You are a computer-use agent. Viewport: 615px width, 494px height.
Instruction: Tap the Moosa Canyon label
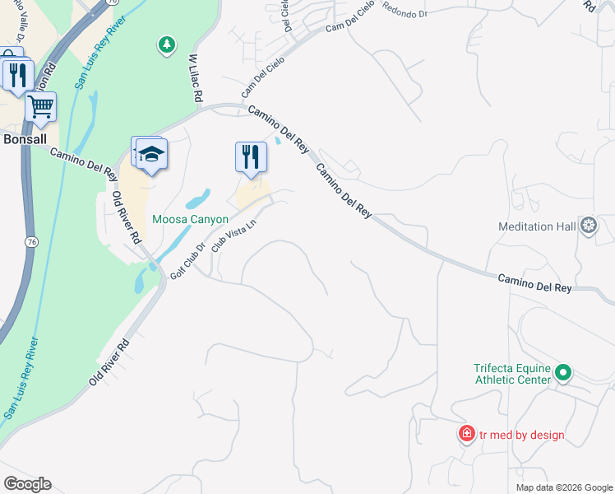tap(190, 220)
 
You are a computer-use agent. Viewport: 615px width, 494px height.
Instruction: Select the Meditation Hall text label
tap(538, 226)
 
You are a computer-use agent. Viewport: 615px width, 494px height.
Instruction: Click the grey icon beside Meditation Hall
tap(589, 225)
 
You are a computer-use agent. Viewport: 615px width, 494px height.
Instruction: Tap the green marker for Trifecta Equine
tap(563, 373)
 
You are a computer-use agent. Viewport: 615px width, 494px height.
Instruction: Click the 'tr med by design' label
tap(522, 435)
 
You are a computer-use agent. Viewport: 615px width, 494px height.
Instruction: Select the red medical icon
tap(467, 433)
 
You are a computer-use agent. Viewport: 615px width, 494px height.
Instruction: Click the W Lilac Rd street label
tap(196, 79)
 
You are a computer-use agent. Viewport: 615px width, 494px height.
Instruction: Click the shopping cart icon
tap(40, 106)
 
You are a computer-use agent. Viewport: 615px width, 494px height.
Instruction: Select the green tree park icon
tap(167, 44)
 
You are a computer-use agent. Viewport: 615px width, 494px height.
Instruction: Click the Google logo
tap(27, 484)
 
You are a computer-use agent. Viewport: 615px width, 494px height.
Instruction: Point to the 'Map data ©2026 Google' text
tap(563, 487)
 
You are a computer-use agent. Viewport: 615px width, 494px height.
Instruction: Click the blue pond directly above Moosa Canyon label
tap(197, 200)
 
